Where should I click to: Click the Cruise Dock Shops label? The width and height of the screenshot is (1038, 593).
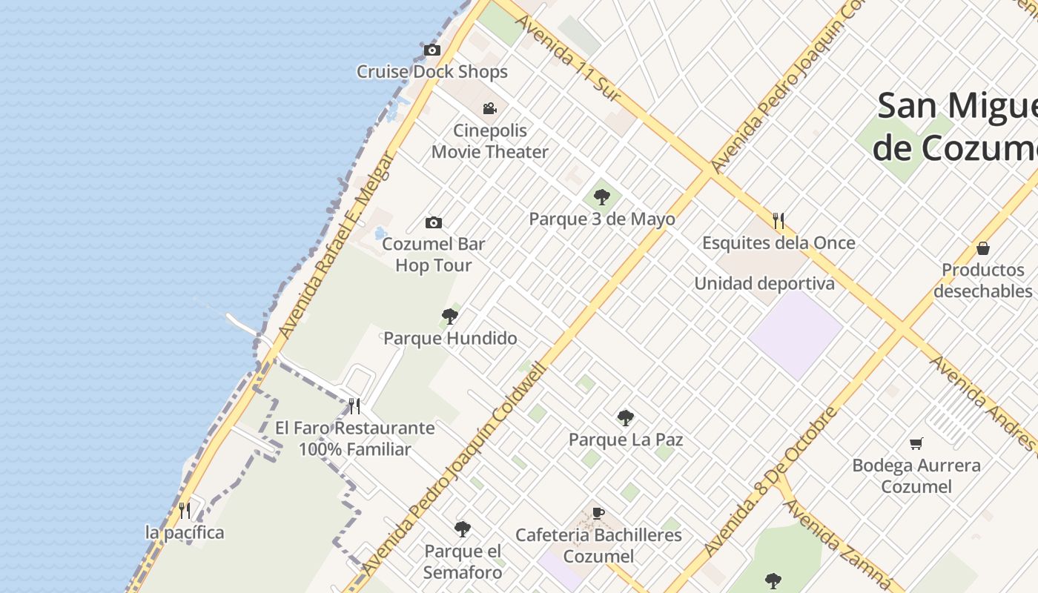(432, 72)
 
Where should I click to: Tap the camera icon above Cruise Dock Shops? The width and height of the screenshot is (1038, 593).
(432, 50)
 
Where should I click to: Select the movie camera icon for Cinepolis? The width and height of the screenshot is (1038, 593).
(489, 109)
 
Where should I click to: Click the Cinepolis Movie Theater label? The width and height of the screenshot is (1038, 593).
(490, 141)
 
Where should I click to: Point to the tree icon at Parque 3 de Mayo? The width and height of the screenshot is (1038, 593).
(602, 197)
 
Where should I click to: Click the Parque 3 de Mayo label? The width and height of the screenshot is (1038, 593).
(602, 219)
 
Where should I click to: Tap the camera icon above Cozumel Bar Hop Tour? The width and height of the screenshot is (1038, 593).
(434, 222)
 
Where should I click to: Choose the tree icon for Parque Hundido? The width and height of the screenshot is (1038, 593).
(449, 317)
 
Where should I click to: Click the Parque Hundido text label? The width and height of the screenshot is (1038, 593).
(450, 339)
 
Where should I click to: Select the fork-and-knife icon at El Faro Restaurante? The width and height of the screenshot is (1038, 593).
(354, 406)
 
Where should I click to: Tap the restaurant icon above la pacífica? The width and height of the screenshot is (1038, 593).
(185, 511)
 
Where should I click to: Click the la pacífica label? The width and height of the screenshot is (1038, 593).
(185, 533)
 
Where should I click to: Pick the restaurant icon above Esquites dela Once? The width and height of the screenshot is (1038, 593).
(778, 221)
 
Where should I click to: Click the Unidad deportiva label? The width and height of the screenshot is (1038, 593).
(764, 284)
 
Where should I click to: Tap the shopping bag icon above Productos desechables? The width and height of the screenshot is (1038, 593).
(983, 248)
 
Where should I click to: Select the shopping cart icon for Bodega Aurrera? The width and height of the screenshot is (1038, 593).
(916, 443)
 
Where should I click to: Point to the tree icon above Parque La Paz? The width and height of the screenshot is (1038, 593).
(626, 418)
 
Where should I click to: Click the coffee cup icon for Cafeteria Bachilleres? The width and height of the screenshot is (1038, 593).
(599, 513)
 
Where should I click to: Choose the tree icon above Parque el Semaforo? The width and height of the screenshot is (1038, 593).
(463, 529)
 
